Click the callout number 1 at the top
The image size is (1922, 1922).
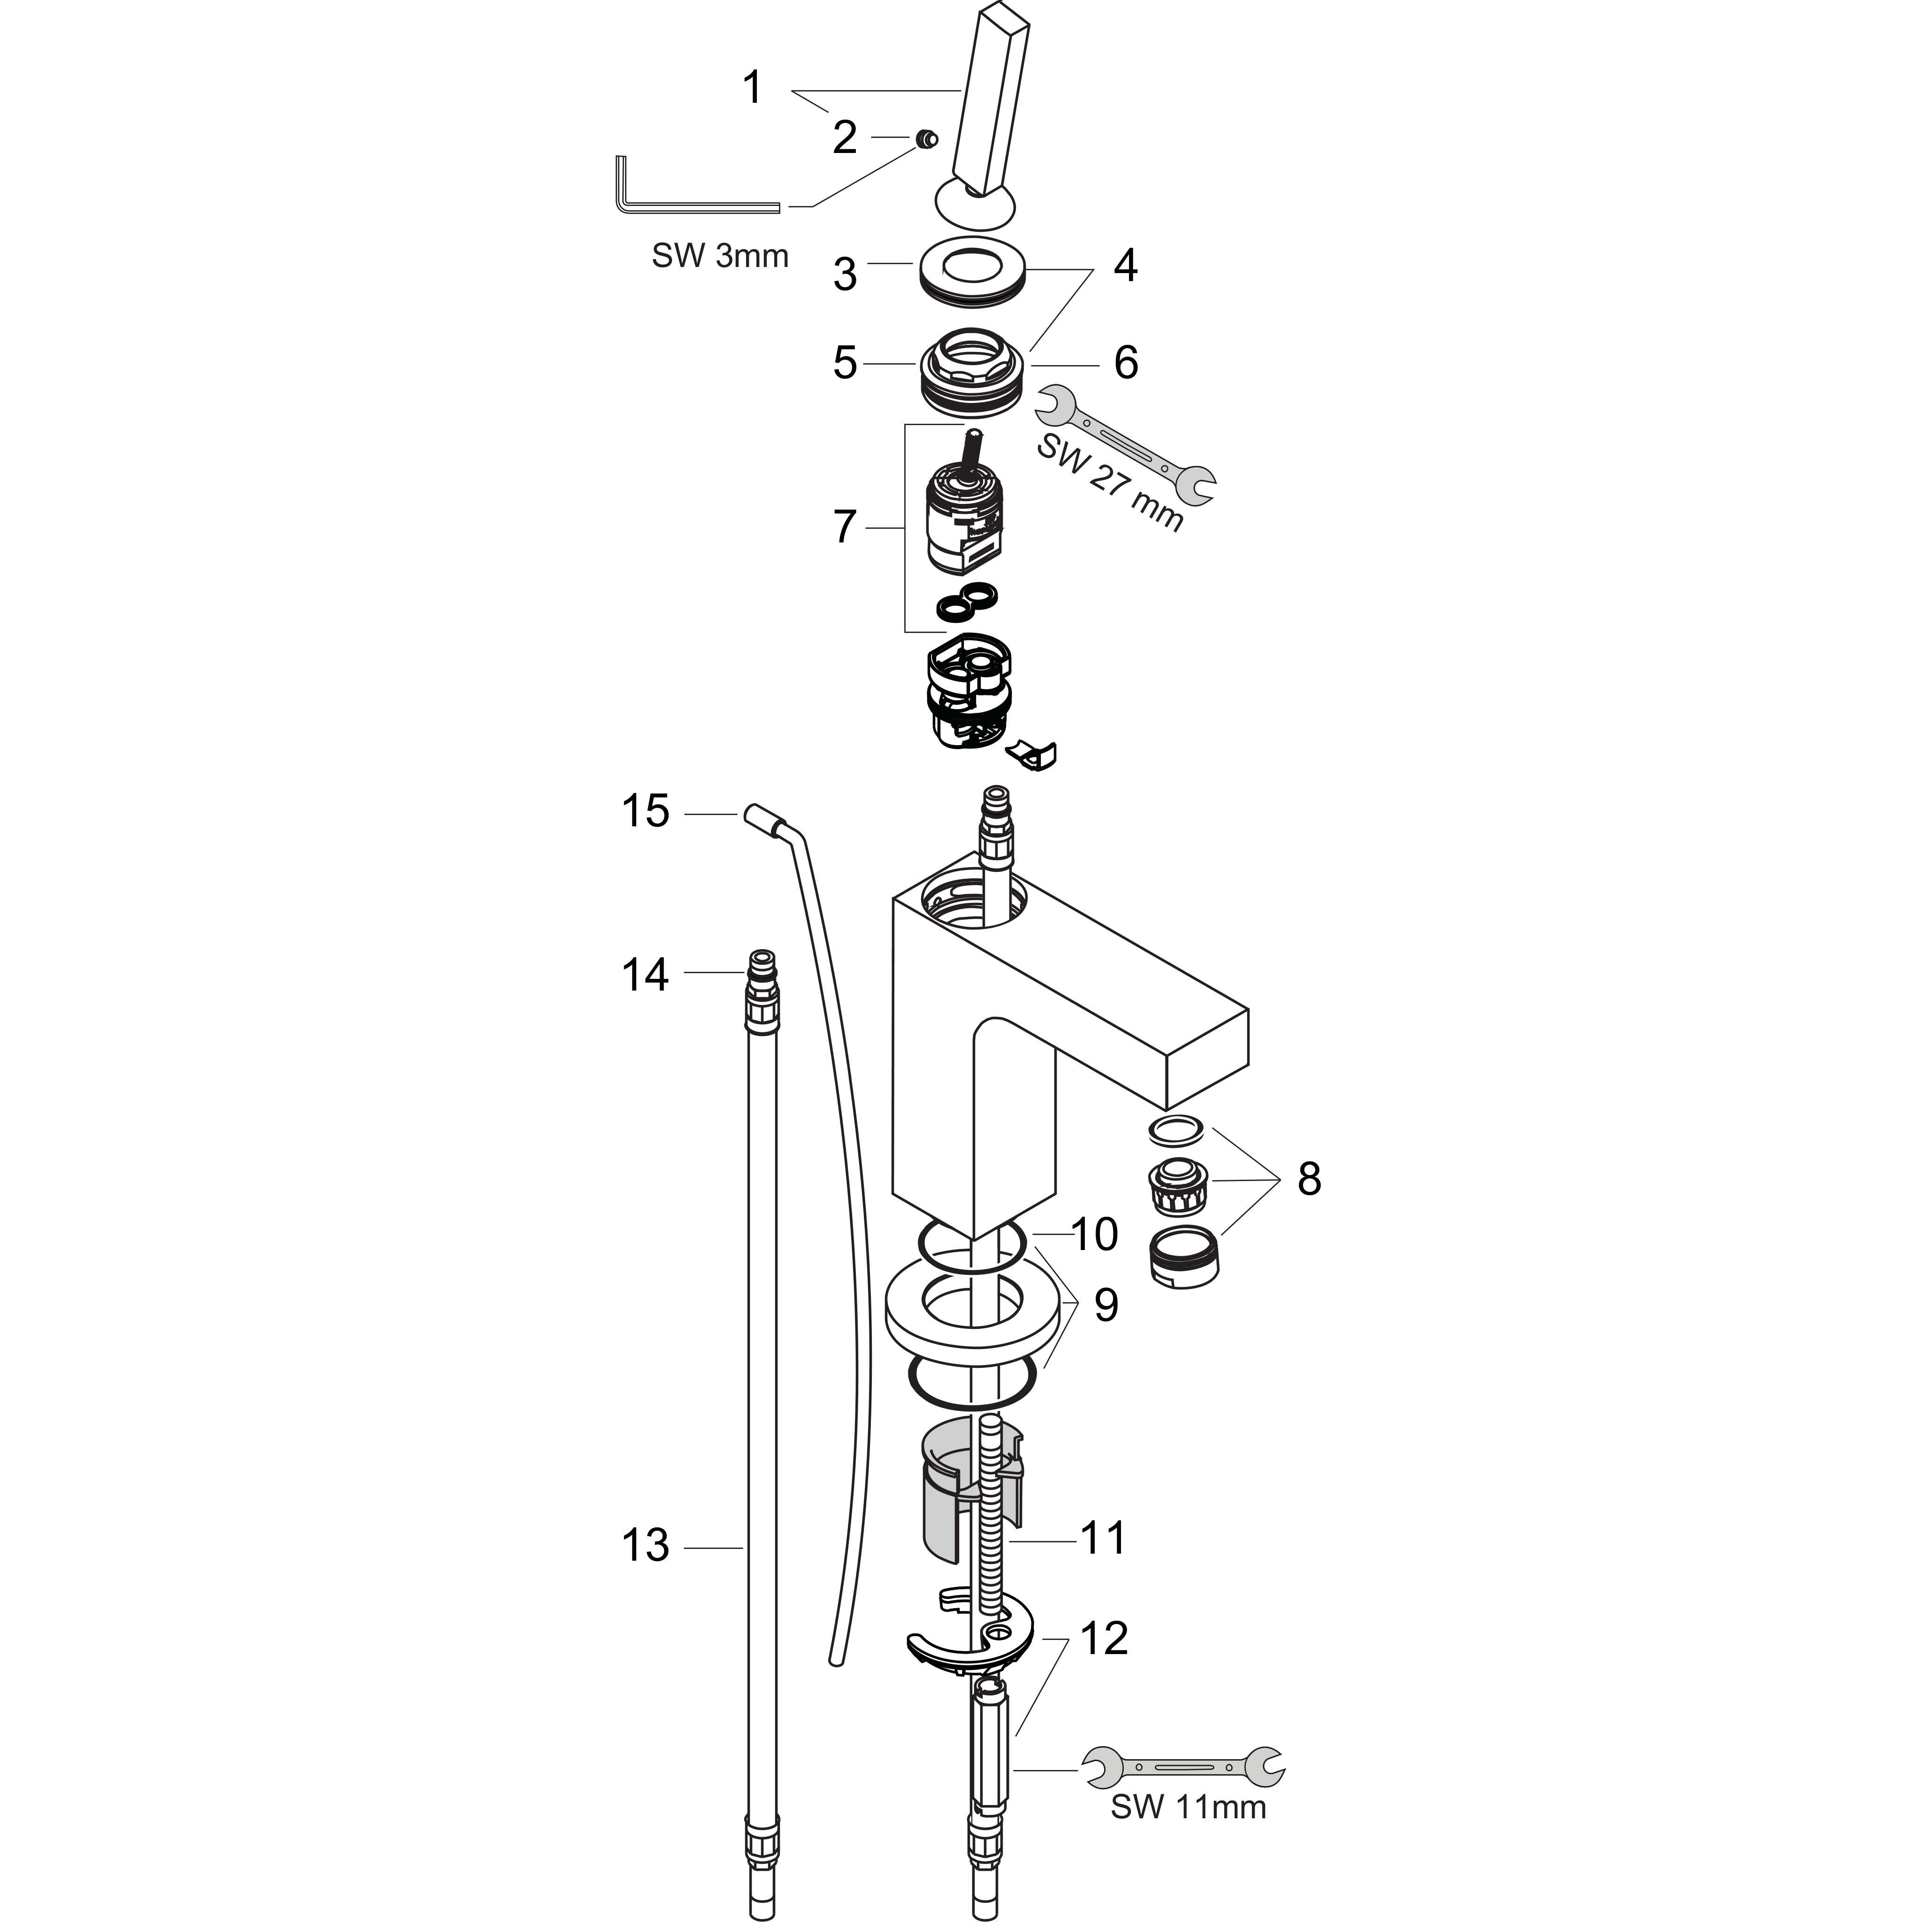pos(753,88)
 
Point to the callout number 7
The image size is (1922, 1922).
pos(845,527)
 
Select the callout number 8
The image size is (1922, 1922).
pos(1309,1179)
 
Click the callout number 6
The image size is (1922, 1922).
pos(1126,363)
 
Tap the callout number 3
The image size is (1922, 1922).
pos(845,275)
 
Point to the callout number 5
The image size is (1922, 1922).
pos(845,363)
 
